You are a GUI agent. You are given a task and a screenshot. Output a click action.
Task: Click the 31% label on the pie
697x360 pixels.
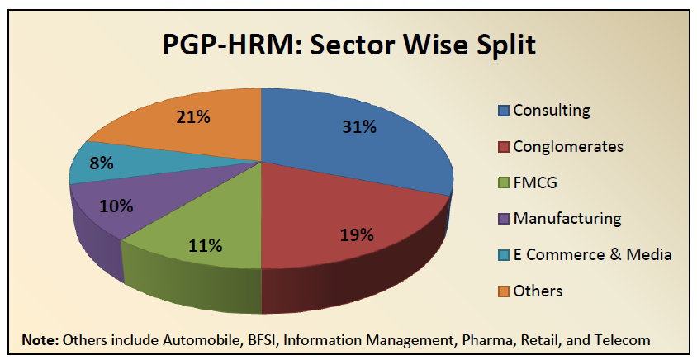(x=359, y=127)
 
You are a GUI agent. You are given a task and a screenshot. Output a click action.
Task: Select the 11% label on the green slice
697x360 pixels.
(x=204, y=245)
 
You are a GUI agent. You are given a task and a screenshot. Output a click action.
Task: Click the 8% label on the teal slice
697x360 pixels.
(x=102, y=163)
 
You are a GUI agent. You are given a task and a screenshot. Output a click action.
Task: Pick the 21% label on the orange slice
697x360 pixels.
(x=192, y=117)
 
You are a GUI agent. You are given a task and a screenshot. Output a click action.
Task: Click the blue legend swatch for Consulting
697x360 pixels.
(x=503, y=111)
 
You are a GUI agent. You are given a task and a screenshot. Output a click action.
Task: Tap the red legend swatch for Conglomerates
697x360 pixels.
(x=503, y=147)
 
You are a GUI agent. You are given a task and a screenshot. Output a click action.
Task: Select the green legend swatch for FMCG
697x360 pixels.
(x=503, y=182)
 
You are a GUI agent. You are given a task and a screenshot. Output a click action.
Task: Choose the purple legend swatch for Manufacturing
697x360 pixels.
(x=503, y=219)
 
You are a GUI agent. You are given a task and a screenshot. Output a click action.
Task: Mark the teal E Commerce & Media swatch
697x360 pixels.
(x=503, y=255)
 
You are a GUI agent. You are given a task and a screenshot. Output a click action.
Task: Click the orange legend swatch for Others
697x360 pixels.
(x=503, y=291)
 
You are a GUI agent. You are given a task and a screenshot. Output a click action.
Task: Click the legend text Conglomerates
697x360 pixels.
(x=568, y=147)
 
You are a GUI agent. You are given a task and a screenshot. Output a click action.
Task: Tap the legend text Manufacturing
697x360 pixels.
(x=567, y=219)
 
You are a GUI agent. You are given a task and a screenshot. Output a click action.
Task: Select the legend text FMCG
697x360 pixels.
(x=534, y=182)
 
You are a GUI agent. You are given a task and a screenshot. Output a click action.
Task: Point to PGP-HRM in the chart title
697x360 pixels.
(x=220, y=43)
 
